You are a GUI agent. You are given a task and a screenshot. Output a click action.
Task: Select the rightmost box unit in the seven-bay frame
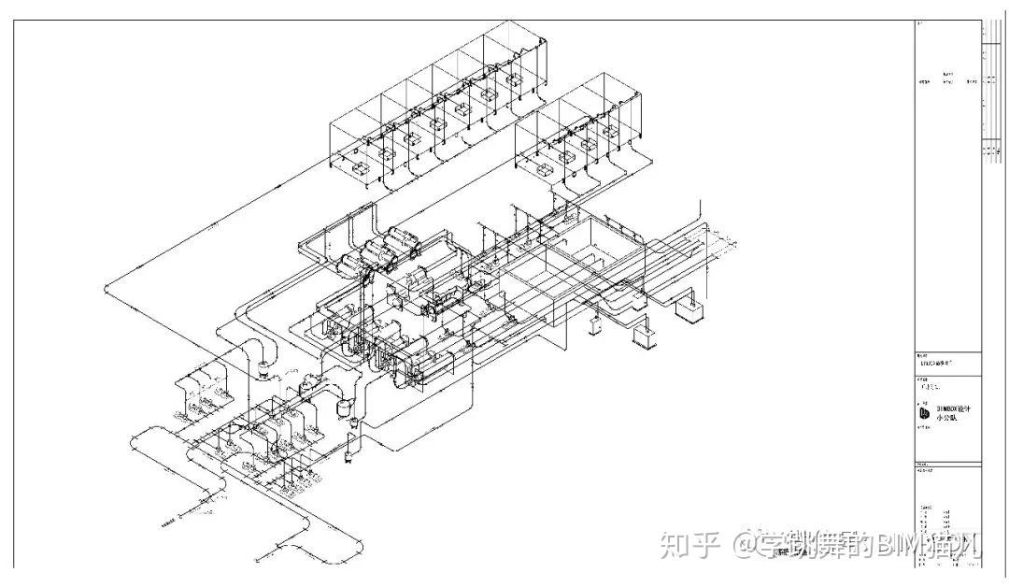[x=513, y=80]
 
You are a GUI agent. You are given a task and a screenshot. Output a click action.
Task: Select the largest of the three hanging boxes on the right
[x=690, y=311]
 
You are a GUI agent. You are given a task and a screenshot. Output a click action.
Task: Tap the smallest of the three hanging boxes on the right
[x=595, y=326]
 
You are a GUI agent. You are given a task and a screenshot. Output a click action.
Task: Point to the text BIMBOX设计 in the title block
[x=955, y=408]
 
